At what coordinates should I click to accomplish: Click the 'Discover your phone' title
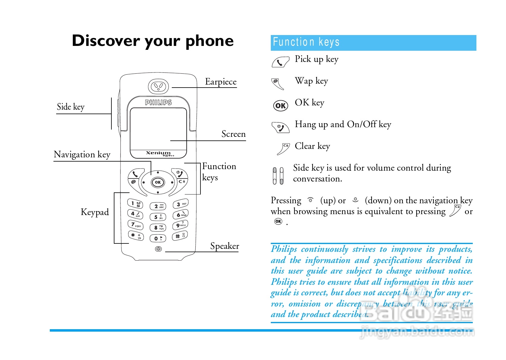click(x=153, y=41)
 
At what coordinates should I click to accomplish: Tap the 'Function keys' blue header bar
click(x=373, y=43)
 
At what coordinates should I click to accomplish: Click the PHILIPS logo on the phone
click(x=158, y=103)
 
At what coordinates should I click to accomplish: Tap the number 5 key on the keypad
click(x=158, y=217)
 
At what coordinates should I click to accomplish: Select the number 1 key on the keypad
click(x=135, y=204)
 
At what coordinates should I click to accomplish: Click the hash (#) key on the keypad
click(x=180, y=236)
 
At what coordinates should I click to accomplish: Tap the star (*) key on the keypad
click(x=136, y=235)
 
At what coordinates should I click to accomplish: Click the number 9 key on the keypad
click(x=180, y=225)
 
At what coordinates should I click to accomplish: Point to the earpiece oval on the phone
click(x=158, y=86)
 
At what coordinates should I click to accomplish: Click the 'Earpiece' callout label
click(x=221, y=82)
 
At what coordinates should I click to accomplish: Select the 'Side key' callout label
click(x=71, y=107)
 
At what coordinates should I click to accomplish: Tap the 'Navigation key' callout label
click(x=82, y=155)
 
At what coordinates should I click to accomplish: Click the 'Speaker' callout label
click(x=225, y=246)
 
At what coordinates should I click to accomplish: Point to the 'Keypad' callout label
click(x=95, y=212)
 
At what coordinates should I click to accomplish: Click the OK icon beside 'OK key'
click(x=280, y=106)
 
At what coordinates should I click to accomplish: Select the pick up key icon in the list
click(x=280, y=62)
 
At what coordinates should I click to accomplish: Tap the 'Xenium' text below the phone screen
click(x=159, y=153)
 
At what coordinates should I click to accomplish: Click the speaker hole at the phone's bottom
click(x=158, y=249)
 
